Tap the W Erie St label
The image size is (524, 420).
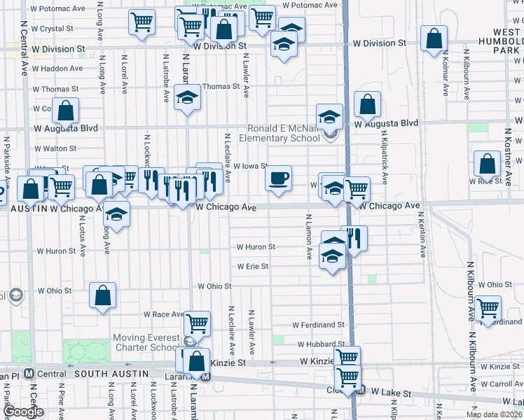252,267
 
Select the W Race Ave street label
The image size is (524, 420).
163,315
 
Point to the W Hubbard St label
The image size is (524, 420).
319,344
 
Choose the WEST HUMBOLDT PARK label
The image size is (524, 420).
497,41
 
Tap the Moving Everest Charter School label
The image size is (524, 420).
146,343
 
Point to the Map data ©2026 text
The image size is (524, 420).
494,414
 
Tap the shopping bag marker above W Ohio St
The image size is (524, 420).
103,295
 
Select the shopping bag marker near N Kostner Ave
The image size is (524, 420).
487,164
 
